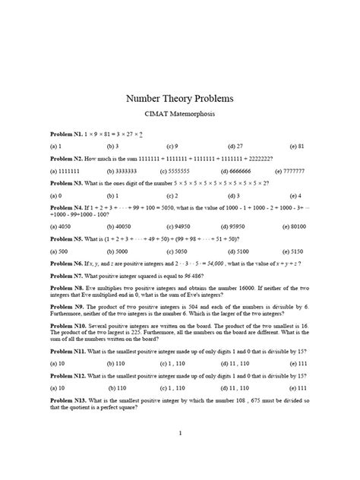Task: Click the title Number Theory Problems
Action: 180,99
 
